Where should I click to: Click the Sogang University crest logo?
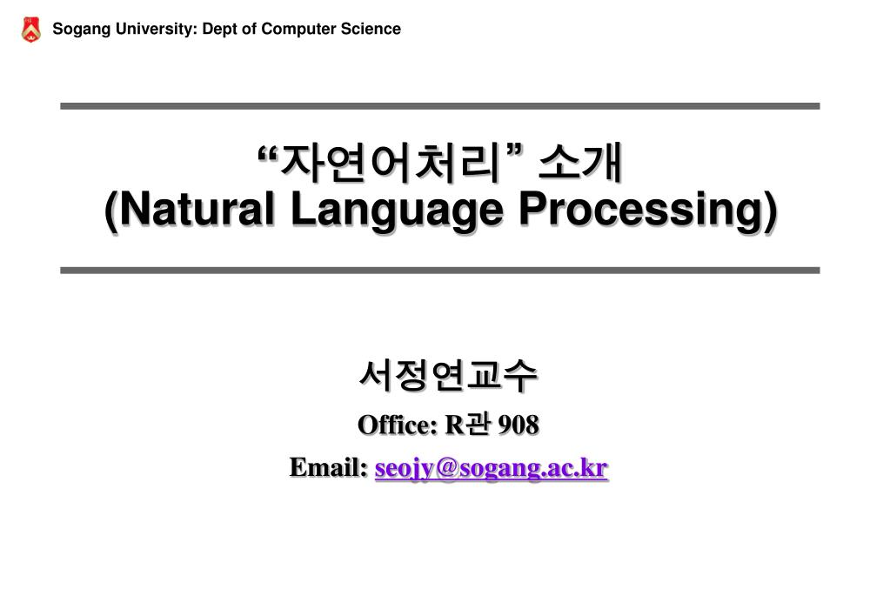30,30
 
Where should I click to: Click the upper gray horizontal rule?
440,106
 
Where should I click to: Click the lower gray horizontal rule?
440,271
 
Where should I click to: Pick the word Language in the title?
397,211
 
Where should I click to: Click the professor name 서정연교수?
448,375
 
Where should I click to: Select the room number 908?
519,425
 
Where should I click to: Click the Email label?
329,467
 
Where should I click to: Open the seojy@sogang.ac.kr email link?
492,469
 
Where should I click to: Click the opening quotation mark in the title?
268,153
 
